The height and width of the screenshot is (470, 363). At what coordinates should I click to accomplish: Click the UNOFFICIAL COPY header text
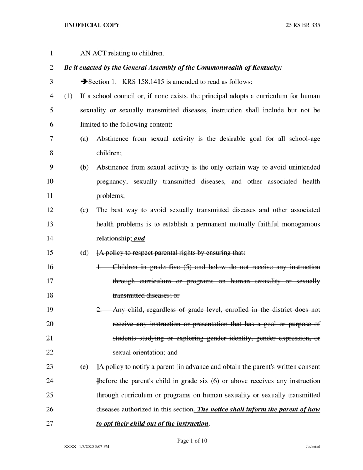(92, 25)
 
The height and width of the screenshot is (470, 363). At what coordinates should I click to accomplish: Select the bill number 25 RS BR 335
(303, 25)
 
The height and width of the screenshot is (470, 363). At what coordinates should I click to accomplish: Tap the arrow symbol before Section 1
(84, 82)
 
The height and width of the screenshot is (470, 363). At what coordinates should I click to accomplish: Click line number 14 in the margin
(50, 238)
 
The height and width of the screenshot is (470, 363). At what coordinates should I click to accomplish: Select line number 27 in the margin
(50, 424)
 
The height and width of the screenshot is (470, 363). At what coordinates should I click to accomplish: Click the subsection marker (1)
(68, 96)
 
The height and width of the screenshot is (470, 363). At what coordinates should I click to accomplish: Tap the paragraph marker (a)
(84, 139)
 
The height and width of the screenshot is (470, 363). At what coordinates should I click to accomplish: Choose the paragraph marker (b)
(84, 167)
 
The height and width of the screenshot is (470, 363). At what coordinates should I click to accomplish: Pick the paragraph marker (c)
(84, 210)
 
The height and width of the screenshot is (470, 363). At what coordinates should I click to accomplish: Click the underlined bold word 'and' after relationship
(139, 238)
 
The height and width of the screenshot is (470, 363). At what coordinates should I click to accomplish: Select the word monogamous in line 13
(301, 224)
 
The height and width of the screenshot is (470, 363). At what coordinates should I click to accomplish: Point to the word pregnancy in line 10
(112, 182)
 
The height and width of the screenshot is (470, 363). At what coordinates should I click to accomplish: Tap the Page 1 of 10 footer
(192, 441)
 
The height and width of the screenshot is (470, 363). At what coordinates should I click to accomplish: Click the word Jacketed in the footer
(313, 447)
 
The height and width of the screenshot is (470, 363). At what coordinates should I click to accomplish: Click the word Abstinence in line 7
(112, 139)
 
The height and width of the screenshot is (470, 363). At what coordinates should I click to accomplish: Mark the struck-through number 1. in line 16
(99, 267)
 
